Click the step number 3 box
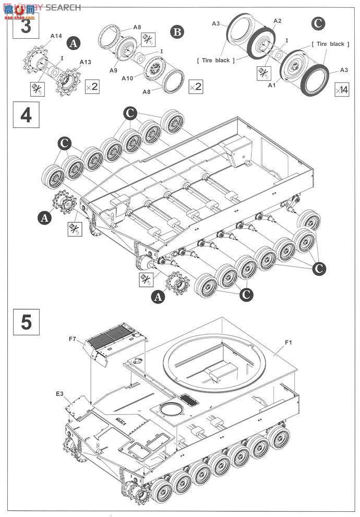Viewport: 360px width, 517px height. point(25,26)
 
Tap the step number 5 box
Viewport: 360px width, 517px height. point(25,321)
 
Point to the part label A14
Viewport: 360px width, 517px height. point(56,36)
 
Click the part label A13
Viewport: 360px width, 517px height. point(86,62)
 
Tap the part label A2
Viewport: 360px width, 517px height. point(278,21)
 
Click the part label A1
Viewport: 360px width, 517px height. point(271,85)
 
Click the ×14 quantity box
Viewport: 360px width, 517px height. point(341,89)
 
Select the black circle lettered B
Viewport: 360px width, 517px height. point(177,32)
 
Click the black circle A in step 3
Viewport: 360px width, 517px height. point(75,44)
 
